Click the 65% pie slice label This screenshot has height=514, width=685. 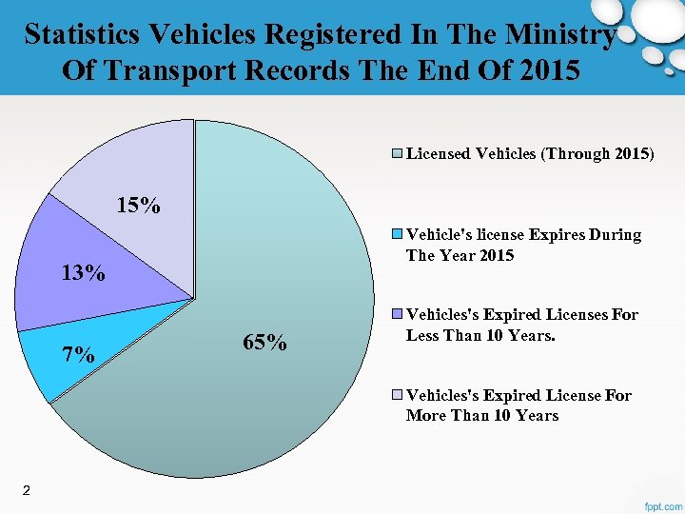pos(264,343)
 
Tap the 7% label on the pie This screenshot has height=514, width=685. pos(78,356)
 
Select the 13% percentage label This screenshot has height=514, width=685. pos(83,274)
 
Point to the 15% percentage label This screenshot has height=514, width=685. pos(138,205)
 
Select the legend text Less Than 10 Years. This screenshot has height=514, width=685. pos(480,335)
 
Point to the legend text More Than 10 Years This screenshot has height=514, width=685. pos(481,415)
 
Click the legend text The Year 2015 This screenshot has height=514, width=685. pos(460,255)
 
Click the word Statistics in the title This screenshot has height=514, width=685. pos(82,35)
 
